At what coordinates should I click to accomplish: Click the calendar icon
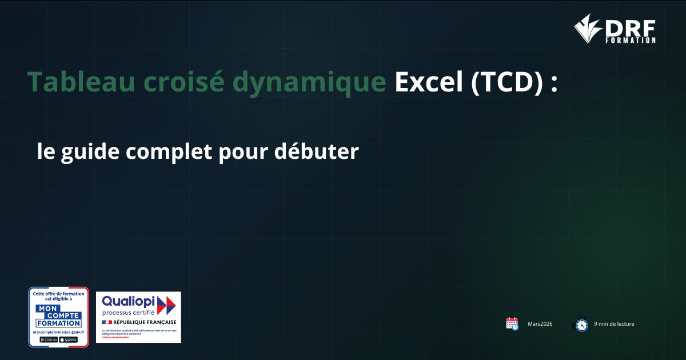coord(512,323)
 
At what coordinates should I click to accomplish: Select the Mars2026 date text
coord(540,324)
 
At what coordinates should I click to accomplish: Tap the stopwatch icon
coord(581,324)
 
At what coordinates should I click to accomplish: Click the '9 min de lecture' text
coord(614,324)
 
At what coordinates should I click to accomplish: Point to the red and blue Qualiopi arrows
coord(166,306)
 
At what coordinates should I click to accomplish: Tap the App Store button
coord(69,339)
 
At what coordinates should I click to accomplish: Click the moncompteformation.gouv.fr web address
coord(58,332)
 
